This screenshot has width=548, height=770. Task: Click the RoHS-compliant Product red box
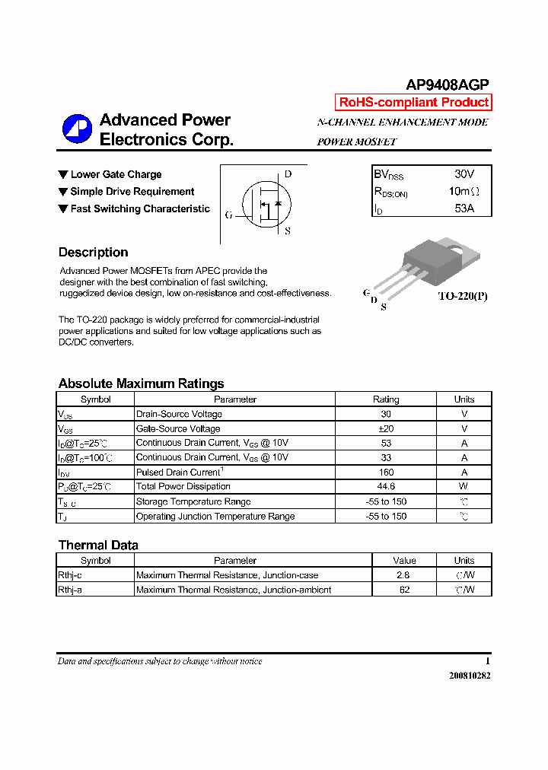click(x=413, y=103)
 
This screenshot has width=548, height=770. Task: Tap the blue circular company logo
click(x=77, y=129)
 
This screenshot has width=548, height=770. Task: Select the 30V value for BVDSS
click(x=464, y=174)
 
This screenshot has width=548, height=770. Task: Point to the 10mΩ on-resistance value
click(x=464, y=191)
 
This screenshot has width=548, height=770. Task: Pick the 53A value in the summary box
click(x=464, y=208)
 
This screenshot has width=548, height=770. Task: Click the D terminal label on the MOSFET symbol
click(x=288, y=174)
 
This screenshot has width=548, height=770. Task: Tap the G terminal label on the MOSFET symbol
click(x=228, y=215)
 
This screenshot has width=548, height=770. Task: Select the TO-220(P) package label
click(x=462, y=296)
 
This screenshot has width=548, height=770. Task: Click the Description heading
click(x=93, y=253)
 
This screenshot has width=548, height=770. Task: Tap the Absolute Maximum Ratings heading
click(x=141, y=383)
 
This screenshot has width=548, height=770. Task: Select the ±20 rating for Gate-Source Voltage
click(x=386, y=428)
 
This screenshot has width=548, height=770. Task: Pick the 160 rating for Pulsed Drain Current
click(x=386, y=472)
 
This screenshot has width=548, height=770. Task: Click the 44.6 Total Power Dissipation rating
click(x=386, y=486)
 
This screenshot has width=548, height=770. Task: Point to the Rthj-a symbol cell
click(x=69, y=590)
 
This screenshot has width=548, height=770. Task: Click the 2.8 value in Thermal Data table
click(x=404, y=575)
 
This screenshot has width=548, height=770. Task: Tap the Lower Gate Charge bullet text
click(x=116, y=175)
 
